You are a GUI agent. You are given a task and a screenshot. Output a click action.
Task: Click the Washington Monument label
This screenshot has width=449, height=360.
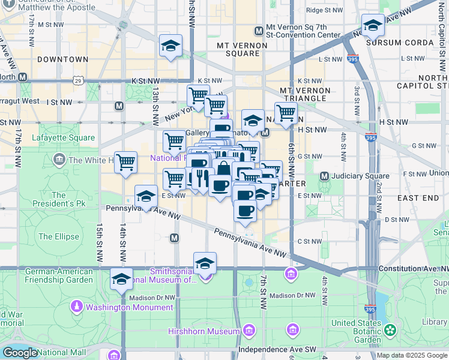pyautogui.click(x=129, y=308)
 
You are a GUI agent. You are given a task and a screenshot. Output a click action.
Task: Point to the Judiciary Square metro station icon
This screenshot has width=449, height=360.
pyautogui.click(x=325, y=176)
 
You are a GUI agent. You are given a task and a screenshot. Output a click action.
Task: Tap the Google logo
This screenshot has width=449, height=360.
pyautogui.click(x=19, y=352)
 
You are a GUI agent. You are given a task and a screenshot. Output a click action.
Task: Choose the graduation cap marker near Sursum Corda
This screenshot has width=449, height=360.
pyautogui.click(x=373, y=26)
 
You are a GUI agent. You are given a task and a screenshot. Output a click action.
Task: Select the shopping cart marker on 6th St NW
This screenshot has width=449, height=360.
pyautogui.click(x=286, y=113)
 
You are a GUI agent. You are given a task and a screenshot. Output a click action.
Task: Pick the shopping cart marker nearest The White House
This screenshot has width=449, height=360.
pyautogui.click(x=125, y=162)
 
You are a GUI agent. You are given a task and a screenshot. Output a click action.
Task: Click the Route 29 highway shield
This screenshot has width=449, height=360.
pyautogui.click(x=78, y=80)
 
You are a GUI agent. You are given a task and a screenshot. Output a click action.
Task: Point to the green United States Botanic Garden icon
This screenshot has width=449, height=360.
pyautogui.click(x=391, y=329)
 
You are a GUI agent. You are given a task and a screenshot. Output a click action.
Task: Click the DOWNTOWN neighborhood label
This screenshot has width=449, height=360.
pyautogui.click(x=62, y=59)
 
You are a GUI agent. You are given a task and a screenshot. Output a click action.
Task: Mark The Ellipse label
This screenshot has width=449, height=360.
pyautogui.click(x=59, y=236)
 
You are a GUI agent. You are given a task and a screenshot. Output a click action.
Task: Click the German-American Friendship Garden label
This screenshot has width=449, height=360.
pyautogui.click(x=59, y=275)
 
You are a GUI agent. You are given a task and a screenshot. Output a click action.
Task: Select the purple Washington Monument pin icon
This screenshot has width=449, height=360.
pyautogui.click(x=77, y=307)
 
